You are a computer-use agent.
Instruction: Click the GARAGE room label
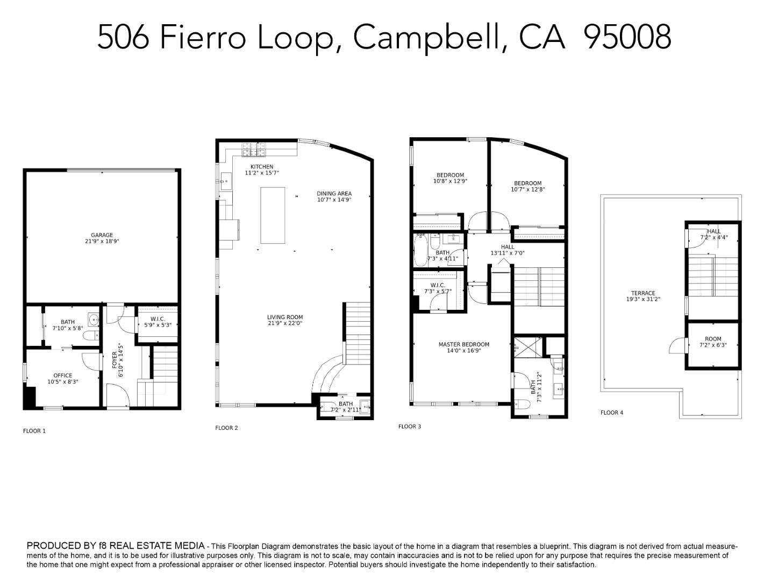click(x=102, y=235)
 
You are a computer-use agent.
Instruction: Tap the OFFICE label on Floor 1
click(x=62, y=375)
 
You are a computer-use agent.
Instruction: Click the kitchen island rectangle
click(x=273, y=215)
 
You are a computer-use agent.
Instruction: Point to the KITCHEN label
click(x=262, y=167)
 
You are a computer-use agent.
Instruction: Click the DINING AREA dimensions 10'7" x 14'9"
click(x=334, y=200)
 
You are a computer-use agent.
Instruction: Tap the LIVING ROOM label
click(x=285, y=317)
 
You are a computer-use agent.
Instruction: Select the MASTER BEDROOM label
click(x=463, y=344)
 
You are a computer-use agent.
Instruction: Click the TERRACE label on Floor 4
click(x=643, y=293)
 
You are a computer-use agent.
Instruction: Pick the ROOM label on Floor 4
click(x=713, y=339)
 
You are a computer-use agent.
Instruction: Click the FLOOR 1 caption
click(x=34, y=431)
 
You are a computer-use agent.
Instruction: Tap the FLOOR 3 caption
click(x=410, y=427)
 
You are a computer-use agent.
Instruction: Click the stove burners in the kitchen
click(x=253, y=146)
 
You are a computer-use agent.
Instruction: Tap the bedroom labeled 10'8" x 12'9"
click(x=450, y=178)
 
